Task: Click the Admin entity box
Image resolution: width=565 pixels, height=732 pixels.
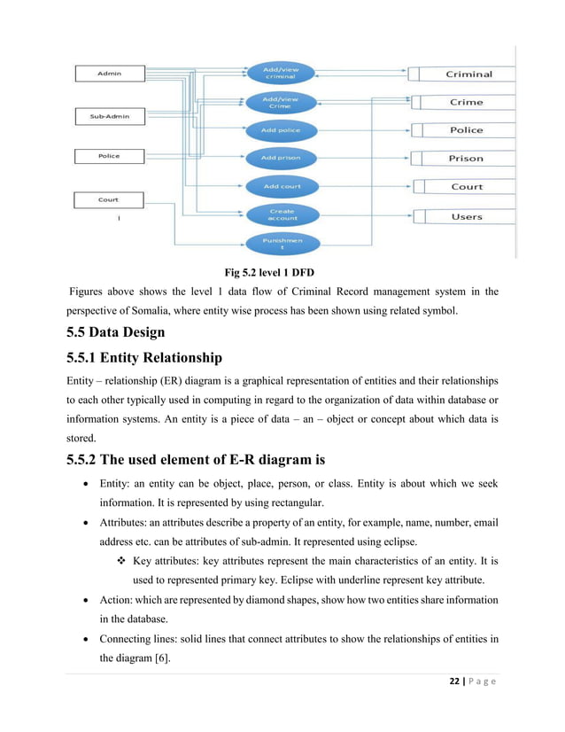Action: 110,74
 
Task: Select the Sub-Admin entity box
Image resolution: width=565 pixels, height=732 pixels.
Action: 110,116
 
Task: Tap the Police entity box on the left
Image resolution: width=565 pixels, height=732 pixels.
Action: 110,157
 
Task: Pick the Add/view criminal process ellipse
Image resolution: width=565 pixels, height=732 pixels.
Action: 281,74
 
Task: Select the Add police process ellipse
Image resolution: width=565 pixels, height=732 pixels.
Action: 281,130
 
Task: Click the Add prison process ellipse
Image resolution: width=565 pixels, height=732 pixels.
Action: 281,158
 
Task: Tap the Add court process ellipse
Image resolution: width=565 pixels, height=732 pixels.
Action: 281,186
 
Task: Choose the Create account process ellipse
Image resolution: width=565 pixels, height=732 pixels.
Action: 282,214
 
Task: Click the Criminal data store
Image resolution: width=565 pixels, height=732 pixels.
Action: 467,74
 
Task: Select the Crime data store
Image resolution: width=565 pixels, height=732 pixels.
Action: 466,102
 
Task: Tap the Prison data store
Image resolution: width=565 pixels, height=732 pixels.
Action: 466,159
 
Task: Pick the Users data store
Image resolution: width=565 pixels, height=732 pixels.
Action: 466,216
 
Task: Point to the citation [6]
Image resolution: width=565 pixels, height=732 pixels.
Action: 181,658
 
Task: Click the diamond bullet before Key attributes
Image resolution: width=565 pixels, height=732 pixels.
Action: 121,562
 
